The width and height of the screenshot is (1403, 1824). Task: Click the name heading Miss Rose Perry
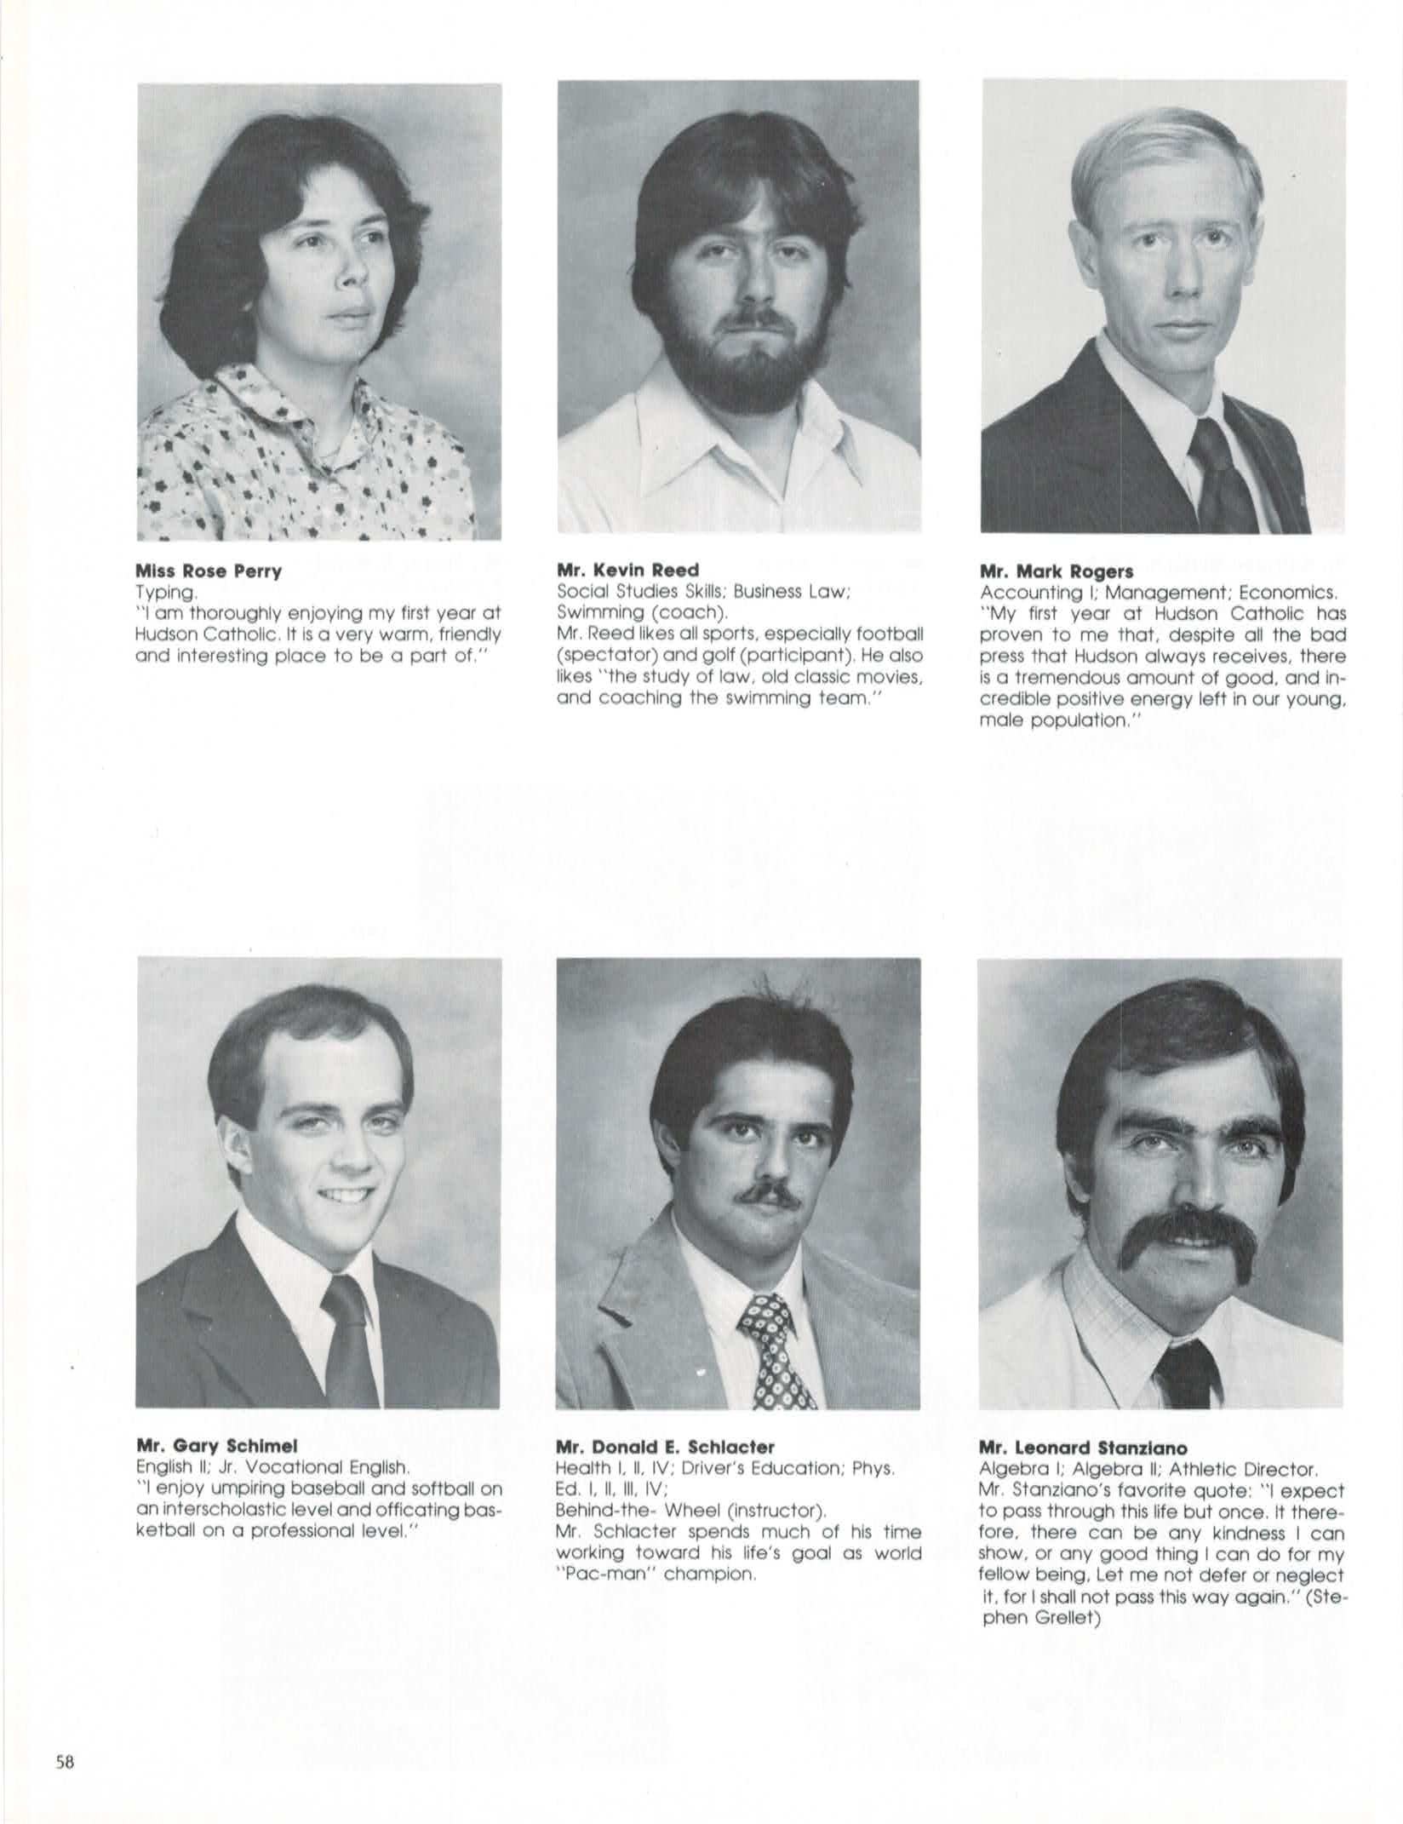(x=209, y=571)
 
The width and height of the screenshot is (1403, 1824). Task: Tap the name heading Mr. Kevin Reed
(x=627, y=570)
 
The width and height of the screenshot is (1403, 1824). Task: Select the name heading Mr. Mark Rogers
(x=1057, y=572)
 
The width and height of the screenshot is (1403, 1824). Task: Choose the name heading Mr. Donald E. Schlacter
(x=665, y=1446)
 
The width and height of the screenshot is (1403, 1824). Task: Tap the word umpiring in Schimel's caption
(x=246, y=1489)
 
